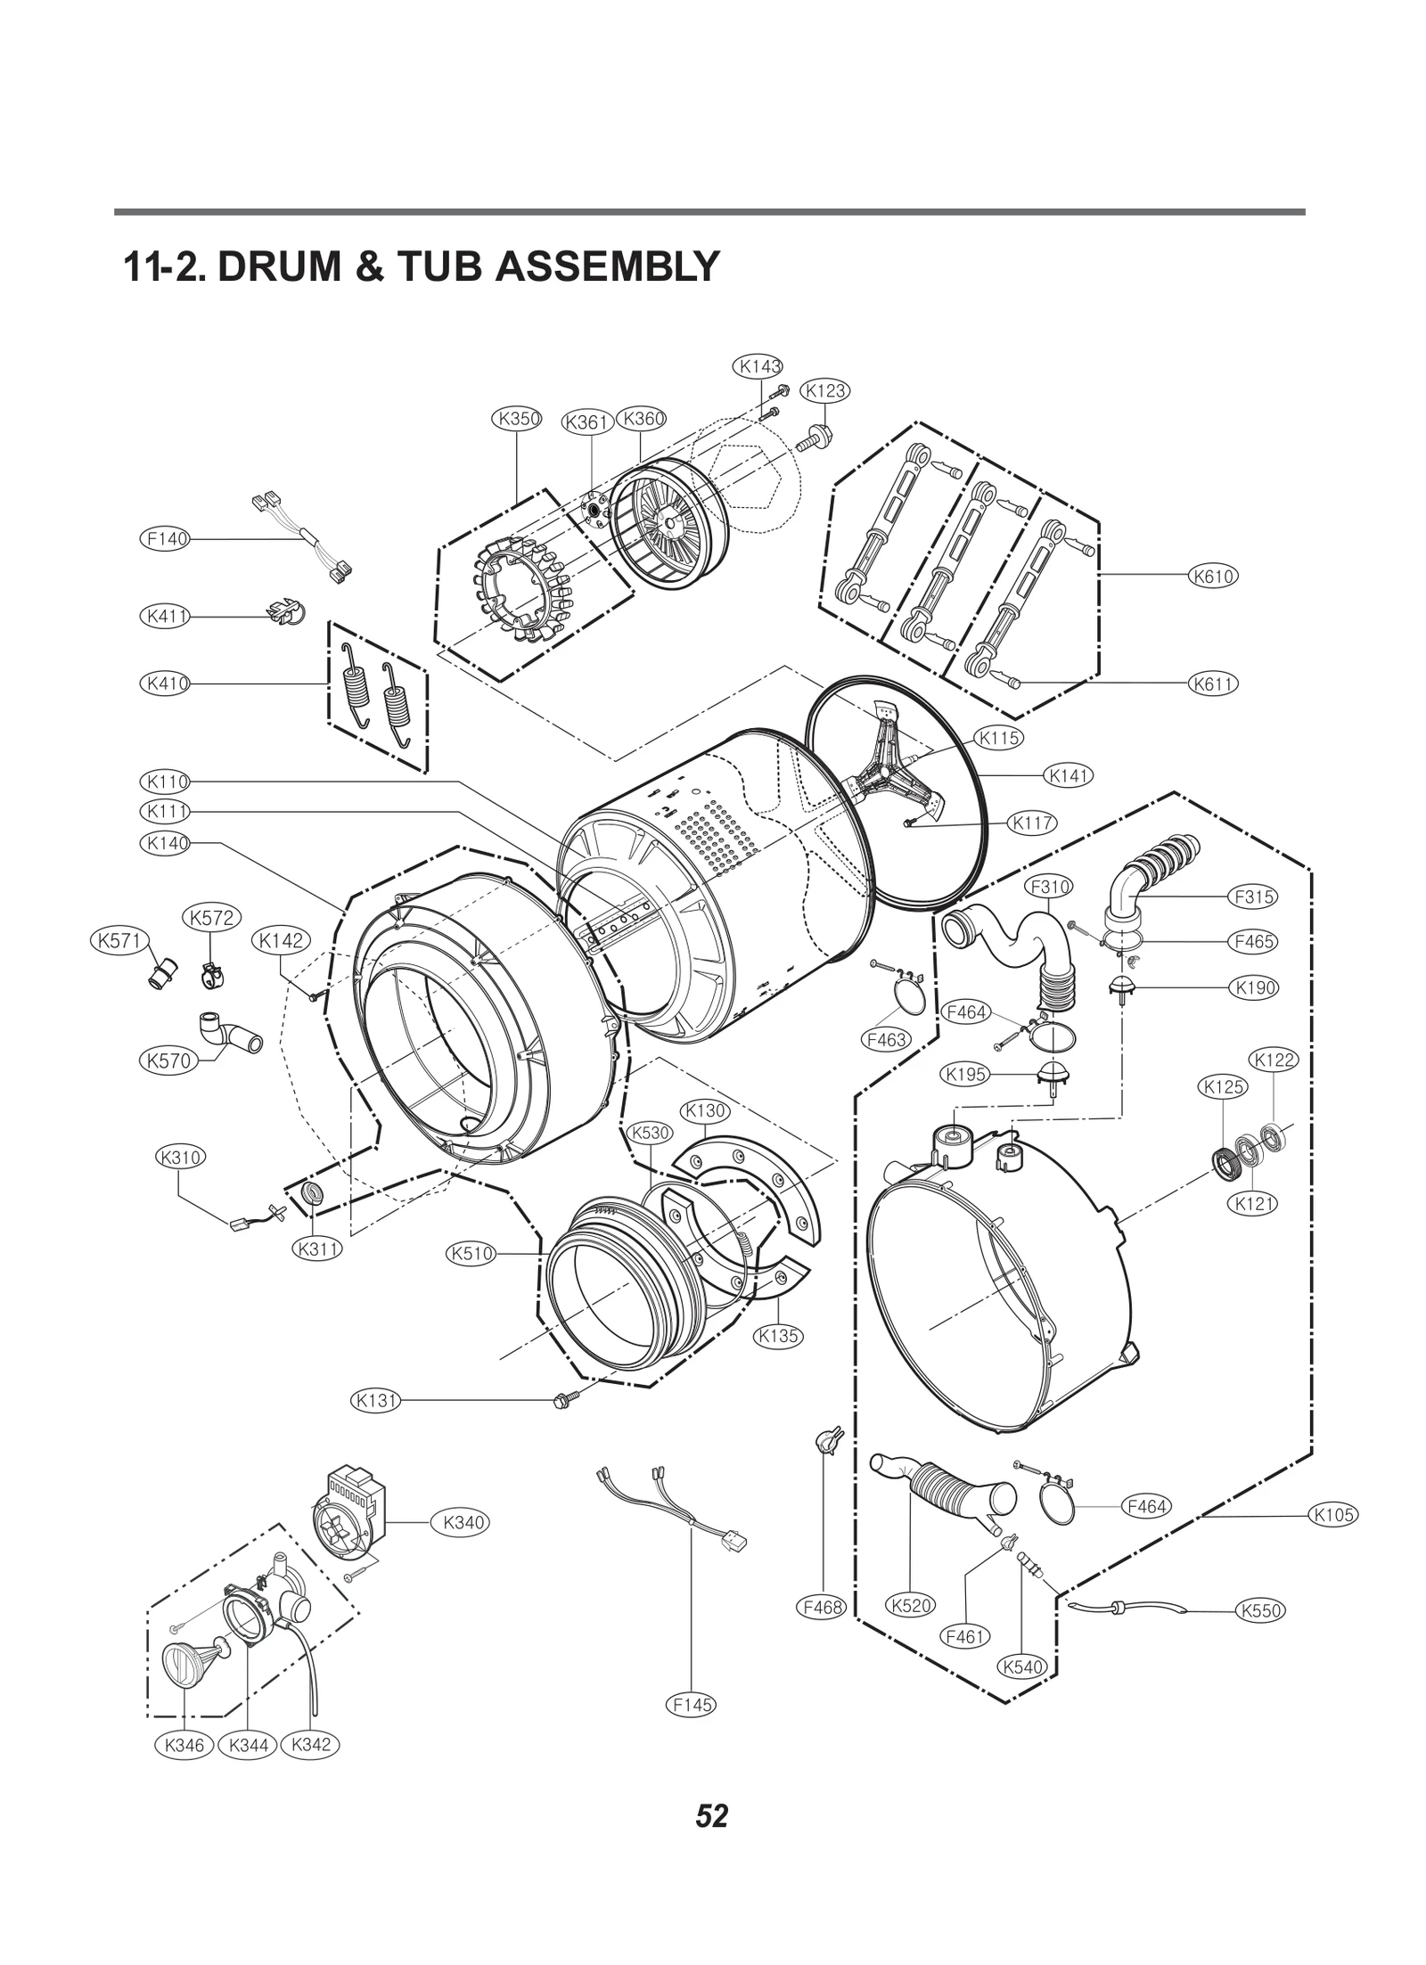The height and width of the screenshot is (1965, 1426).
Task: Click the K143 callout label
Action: coord(758,366)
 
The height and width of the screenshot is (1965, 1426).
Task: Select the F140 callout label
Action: coord(166,538)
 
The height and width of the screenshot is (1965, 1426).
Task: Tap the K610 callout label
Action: coord(1214,576)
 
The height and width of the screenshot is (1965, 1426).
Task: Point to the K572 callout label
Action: coord(212,917)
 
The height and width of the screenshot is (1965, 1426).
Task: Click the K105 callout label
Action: coord(1333,1514)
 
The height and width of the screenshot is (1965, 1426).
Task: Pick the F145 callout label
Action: coord(692,1704)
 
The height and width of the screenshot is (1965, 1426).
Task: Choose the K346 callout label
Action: coord(184,1744)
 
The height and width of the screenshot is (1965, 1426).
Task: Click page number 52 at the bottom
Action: coord(712,1815)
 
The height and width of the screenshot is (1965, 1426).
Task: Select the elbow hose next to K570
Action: coord(231,1035)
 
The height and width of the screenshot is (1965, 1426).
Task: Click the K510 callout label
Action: coord(471,1254)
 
